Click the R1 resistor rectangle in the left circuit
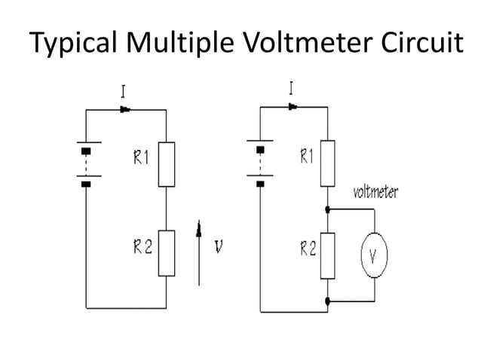[166, 164]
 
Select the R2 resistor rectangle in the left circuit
[166, 253]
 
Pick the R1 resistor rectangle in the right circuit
[327, 163]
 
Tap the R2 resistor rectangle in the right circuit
[327, 255]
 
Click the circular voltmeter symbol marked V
[373, 256]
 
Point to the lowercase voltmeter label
[375, 193]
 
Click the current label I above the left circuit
[124, 91]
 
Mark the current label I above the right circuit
[292, 88]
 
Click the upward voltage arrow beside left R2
[199, 252]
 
